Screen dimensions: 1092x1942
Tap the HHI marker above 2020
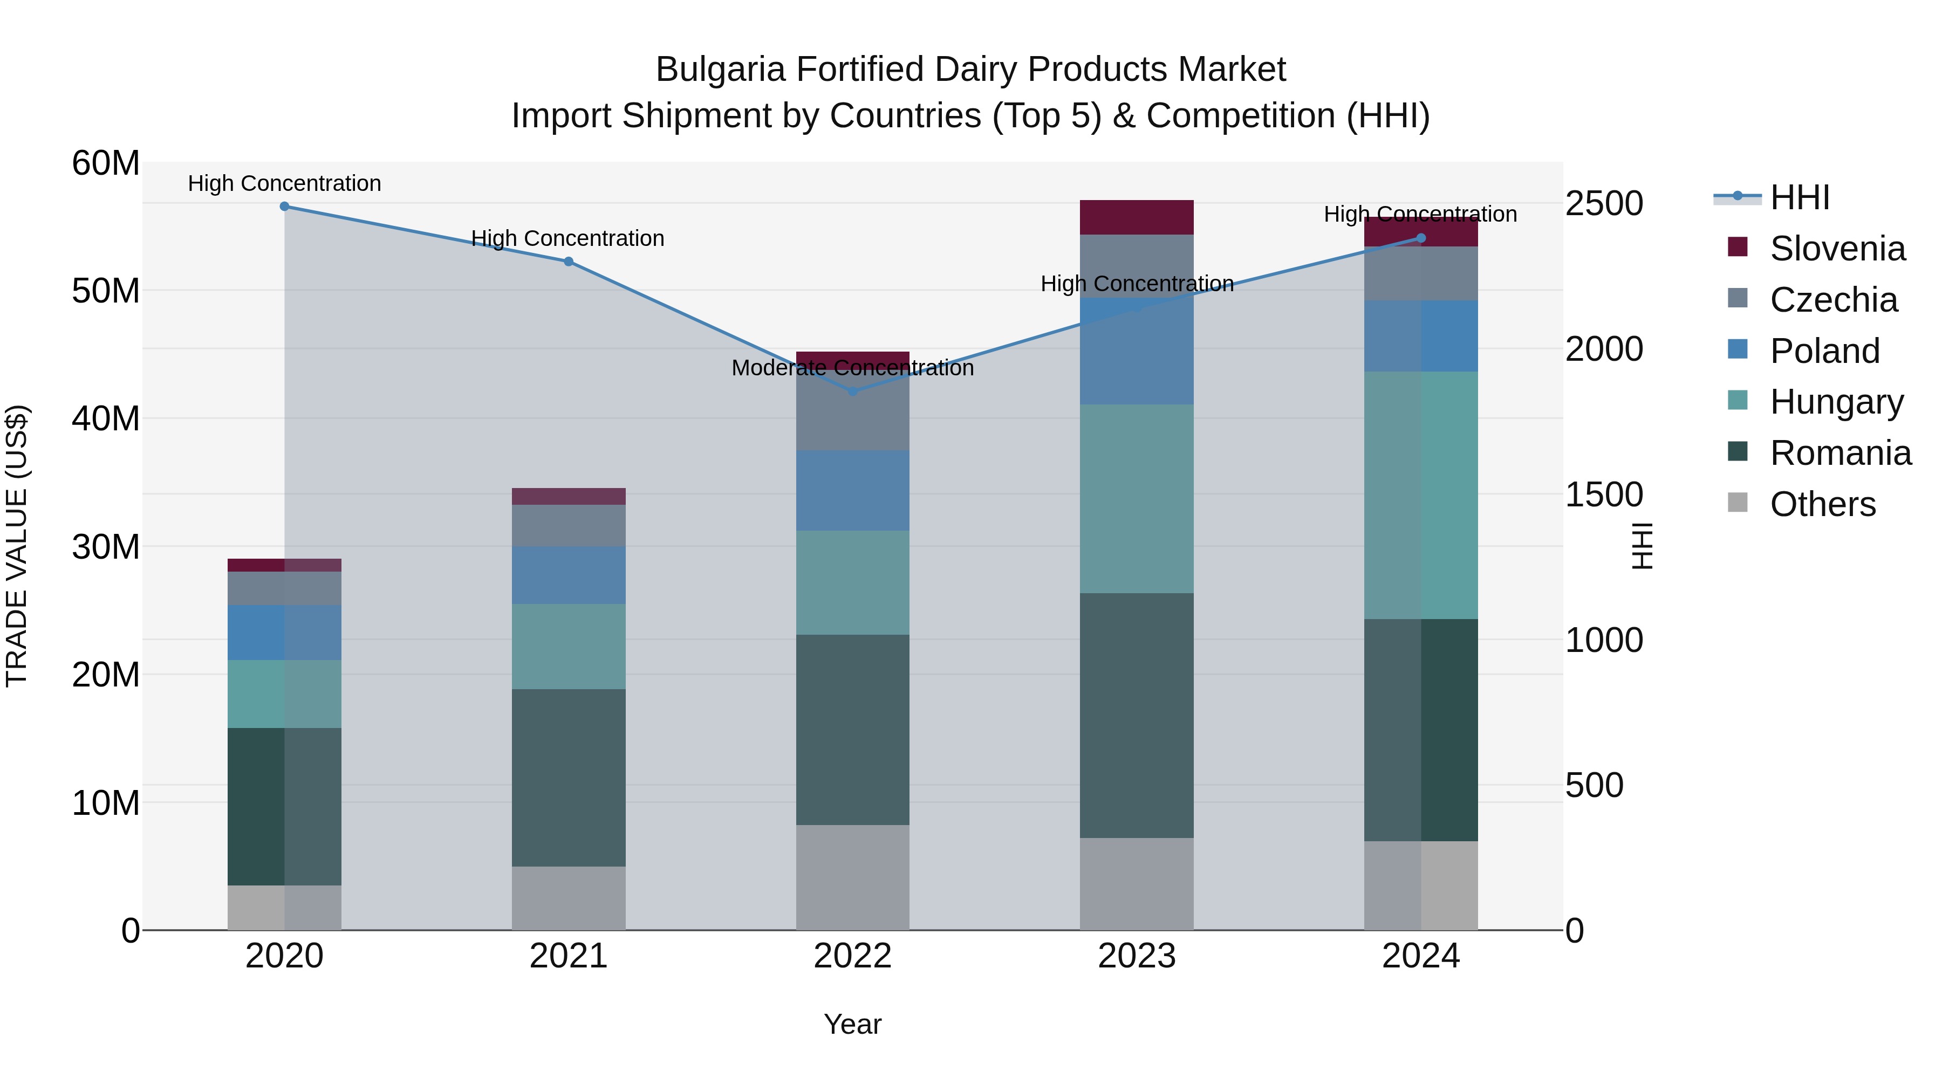coord(284,207)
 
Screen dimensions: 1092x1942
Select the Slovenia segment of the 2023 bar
coord(1136,217)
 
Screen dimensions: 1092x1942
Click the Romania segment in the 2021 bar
coord(569,777)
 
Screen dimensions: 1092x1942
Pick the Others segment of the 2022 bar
coord(853,877)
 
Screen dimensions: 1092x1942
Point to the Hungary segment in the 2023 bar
coord(1136,499)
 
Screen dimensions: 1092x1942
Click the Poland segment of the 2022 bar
coord(853,491)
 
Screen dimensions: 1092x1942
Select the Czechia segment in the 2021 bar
coord(569,525)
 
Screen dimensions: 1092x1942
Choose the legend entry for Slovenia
coord(1837,249)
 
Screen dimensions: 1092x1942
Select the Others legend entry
coord(1822,504)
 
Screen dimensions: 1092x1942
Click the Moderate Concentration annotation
coord(853,368)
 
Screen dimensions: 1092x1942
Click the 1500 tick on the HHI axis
coord(1604,495)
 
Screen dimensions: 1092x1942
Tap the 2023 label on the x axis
coord(1136,956)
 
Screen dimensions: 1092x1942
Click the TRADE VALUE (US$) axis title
coord(17,546)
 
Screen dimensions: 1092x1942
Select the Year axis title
coord(853,1024)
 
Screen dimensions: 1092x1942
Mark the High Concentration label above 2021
coord(567,238)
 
